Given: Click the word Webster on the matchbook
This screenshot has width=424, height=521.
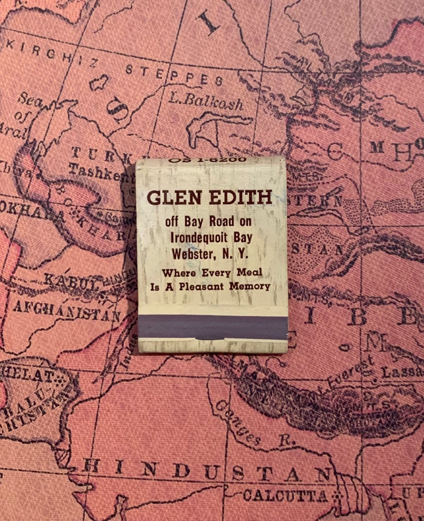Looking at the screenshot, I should point(192,254).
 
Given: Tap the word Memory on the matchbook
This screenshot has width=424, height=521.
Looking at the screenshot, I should point(250,286).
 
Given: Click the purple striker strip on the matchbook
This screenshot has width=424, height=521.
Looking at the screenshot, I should point(212,326).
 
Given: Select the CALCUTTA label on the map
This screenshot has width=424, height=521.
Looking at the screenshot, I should point(285,495).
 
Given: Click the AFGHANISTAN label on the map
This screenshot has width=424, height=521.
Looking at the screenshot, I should point(67,310).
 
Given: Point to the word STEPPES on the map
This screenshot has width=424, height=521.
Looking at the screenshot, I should point(174,75).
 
